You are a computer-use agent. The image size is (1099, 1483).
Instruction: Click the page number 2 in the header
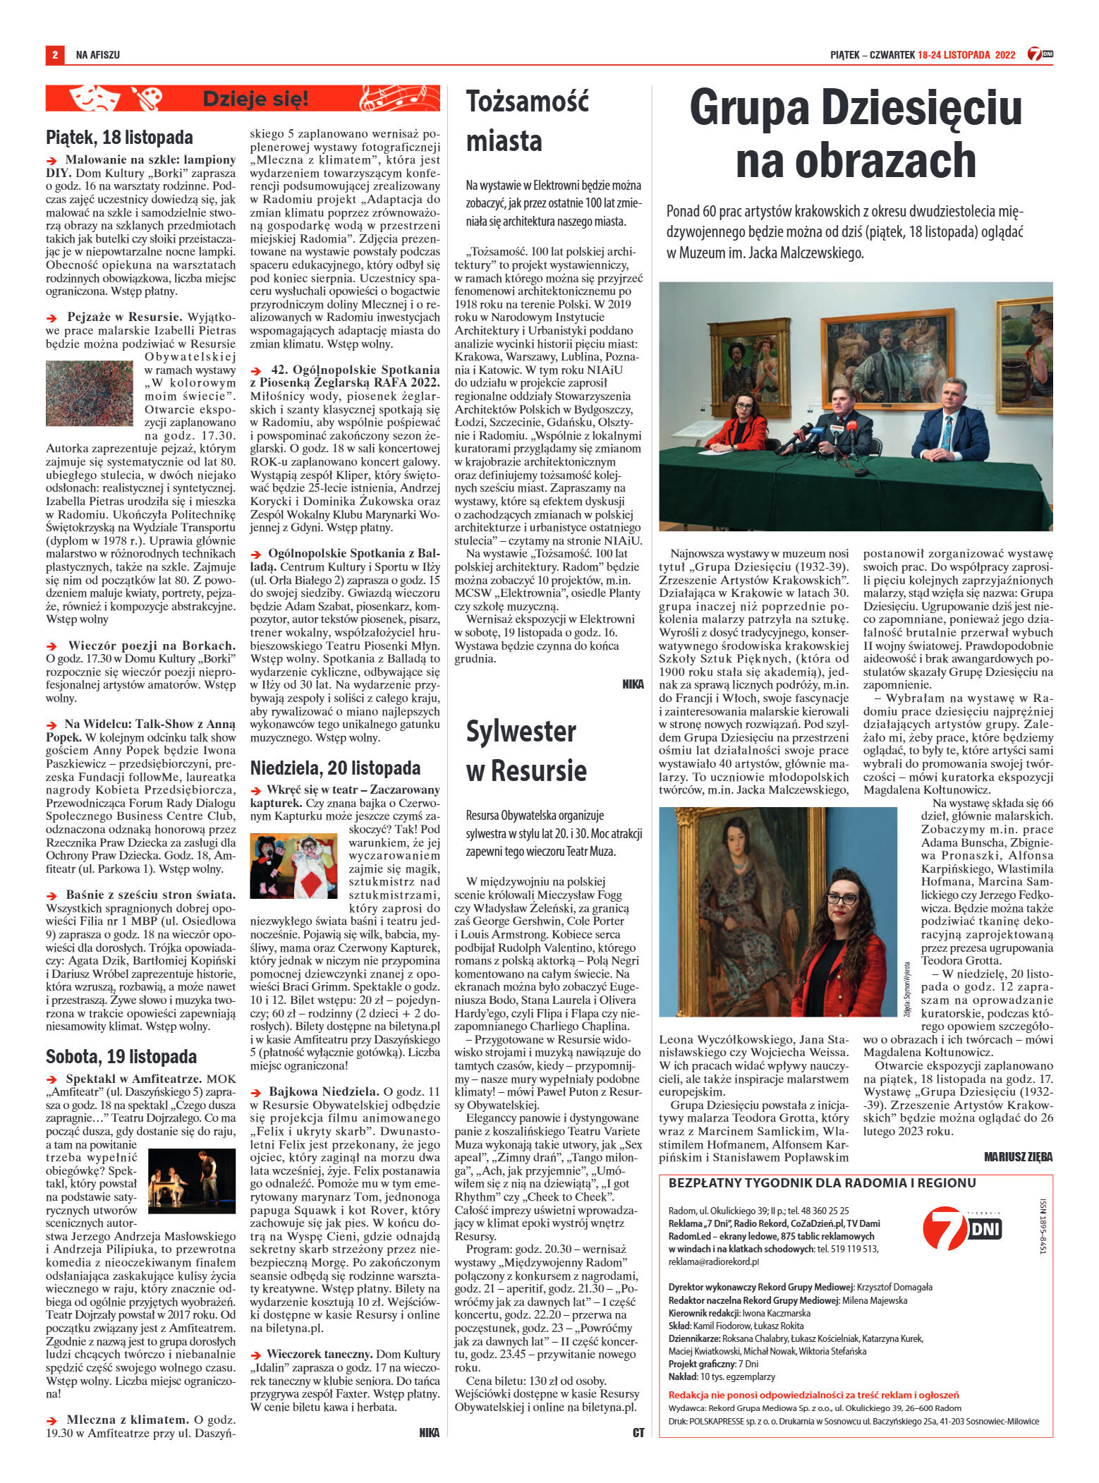pyautogui.click(x=54, y=54)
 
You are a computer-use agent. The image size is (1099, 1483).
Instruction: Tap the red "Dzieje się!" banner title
pyautogui.click(x=255, y=99)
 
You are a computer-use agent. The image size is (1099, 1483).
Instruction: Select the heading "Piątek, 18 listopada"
pyautogui.click(x=119, y=136)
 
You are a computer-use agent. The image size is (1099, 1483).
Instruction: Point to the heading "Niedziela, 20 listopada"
pyautogui.click(x=335, y=767)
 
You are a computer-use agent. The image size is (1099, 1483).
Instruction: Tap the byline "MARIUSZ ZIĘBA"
pyautogui.click(x=1018, y=1156)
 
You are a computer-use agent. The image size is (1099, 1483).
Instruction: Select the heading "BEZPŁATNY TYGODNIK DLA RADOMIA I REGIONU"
pyautogui.click(x=822, y=1183)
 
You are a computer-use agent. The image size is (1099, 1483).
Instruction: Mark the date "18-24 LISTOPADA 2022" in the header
pyautogui.click(x=966, y=54)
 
